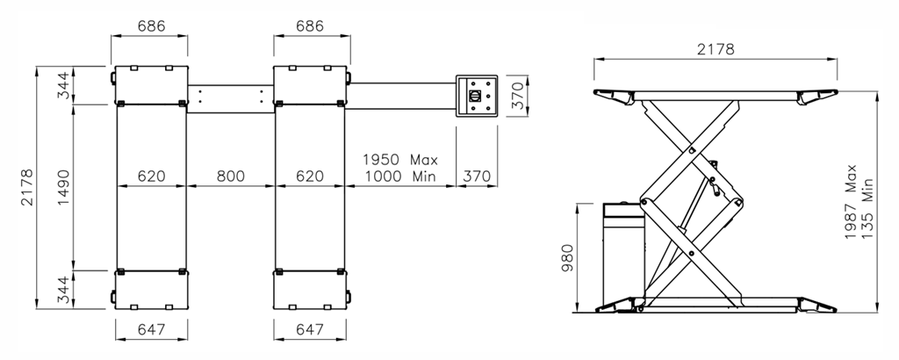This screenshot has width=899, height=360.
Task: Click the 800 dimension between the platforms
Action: click(x=231, y=176)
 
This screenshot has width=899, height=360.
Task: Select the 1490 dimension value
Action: click(x=63, y=187)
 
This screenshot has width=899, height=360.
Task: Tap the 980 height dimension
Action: click(x=567, y=258)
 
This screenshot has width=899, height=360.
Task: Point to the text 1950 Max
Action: click(x=400, y=159)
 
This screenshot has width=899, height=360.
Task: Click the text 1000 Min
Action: click(x=400, y=176)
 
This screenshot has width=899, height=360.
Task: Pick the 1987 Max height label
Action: click(x=851, y=202)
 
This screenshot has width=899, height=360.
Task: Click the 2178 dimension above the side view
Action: click(x=716, y=49)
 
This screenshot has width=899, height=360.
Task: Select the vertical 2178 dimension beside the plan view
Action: click(x=27, y=187)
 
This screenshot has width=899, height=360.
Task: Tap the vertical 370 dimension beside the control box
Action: click(x=517, y=96)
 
